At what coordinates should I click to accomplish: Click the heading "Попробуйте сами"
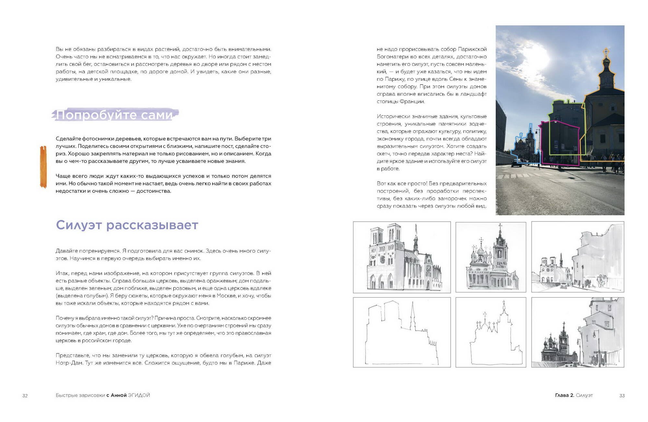pyautogui.click(x=115, y=115)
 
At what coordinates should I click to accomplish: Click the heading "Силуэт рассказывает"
pyautogui.click(x=127, y=225)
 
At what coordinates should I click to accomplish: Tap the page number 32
pyautogui.click(x=25, y=395)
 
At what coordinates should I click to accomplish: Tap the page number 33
pyautogui.click(x=622, y=395)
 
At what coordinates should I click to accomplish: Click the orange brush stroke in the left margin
pyautogui.click(x=43, y=167)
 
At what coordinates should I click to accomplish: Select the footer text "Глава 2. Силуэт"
pyautogui.click(x=573, y=395)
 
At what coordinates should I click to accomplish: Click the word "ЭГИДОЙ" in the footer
pyautogui.click(x=139, y=395)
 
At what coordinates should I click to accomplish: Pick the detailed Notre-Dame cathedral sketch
pyautogui.click(x=401, y=257)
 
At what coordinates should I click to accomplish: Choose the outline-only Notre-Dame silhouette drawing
pyautogui.click(x=401, y=332)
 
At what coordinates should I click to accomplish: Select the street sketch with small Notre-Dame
pyautogui.click(x=577, y=257)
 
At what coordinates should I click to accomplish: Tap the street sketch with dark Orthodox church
pyautogui.click(x=577, y=332)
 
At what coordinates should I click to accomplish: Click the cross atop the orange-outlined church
pyautogui.click(x=606, y=52)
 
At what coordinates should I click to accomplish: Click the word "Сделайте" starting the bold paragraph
pyautogui.click(x=68, y=139)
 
